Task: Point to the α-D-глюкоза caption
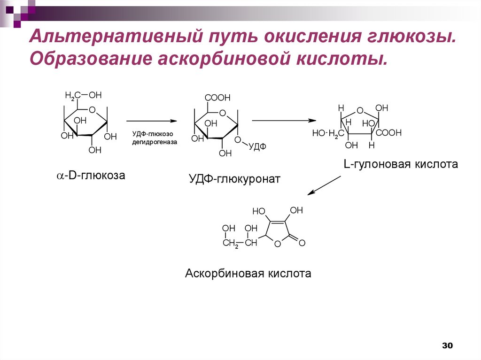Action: click(x=91, y=176)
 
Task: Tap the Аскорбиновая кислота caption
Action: click(x=248, y=273)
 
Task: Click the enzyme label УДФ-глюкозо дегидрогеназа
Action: click(x=155, y=138)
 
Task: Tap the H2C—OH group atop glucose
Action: click(x=83, y=96)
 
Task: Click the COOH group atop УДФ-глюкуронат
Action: click(x=217, y=98)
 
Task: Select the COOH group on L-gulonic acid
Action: click(x=388, y=133)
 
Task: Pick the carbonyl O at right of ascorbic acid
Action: click(x=302, y=243)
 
